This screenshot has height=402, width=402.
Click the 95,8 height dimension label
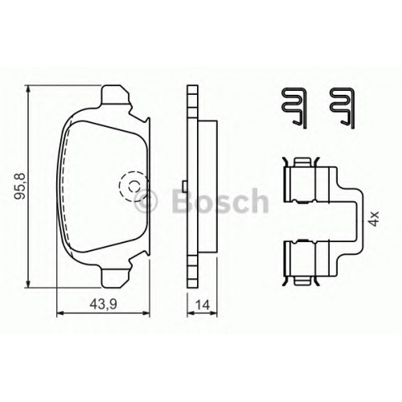[x=20, y=186]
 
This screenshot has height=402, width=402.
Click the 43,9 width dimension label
[x=103, y=304]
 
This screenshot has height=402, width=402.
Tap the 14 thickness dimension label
[x=203, y=305]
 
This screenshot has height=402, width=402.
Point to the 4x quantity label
[x=374, y=218]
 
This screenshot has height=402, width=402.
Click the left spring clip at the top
[x=294, y=108]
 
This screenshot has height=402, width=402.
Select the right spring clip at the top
[x=343, y=108]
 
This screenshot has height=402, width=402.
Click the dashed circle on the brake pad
[x=133, y=187]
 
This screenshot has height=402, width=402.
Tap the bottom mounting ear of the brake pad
[x=116, y=276]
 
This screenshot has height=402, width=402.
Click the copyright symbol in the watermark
[x=146, y=202]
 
